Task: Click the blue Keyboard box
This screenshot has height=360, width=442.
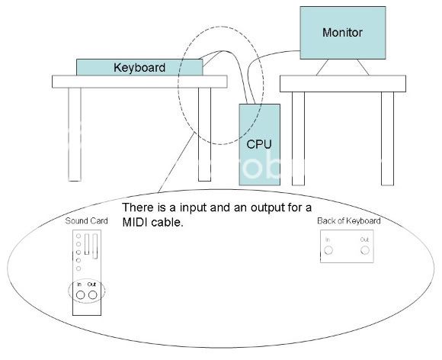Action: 139,67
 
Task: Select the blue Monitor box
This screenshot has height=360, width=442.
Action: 342,33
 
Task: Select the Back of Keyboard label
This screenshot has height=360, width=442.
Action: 348,221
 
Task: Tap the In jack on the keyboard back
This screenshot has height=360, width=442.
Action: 328,249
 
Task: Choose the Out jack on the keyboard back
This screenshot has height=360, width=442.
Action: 365,249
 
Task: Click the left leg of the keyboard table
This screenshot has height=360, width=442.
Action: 74,133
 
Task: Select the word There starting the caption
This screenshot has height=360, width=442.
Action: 139,207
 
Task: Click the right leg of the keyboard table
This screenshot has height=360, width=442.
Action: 203,133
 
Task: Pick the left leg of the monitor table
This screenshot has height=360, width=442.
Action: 298,137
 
